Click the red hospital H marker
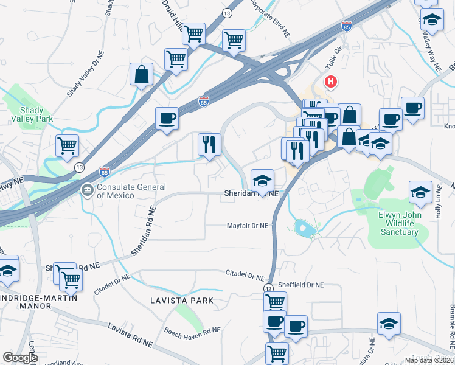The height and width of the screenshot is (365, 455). point(331,82)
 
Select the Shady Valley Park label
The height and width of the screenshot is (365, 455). point(32,114)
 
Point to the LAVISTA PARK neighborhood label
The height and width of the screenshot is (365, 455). point(182,300)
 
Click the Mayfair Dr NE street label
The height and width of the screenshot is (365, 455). point(247,225)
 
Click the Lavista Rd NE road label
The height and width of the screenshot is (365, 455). point(131,335)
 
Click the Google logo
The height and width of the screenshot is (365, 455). point(20,358)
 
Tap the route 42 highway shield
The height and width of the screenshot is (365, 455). point(268,288)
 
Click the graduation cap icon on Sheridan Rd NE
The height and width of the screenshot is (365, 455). point(262,181)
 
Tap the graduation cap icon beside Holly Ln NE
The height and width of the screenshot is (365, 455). point(420,192)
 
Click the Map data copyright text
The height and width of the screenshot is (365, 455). point(428,360)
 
